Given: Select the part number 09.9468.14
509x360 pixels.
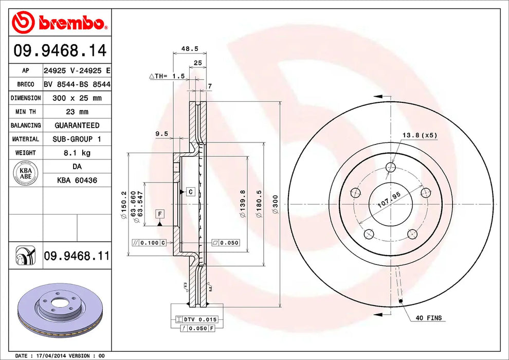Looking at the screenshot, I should [x=60, y=51].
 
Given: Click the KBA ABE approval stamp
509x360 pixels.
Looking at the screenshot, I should [x=26, y=172].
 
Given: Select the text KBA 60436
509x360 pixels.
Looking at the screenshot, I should [x=77, y=181].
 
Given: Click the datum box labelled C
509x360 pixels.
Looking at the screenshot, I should [x=190, y=192].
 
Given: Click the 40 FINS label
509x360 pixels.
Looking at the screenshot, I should [x=428, y=318].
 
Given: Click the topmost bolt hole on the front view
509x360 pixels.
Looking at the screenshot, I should [x=390, y=167].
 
